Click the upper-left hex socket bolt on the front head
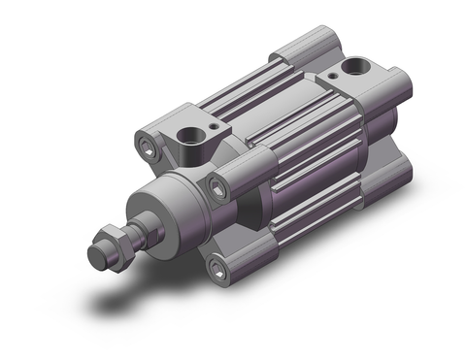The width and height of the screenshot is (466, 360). point(148,147)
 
